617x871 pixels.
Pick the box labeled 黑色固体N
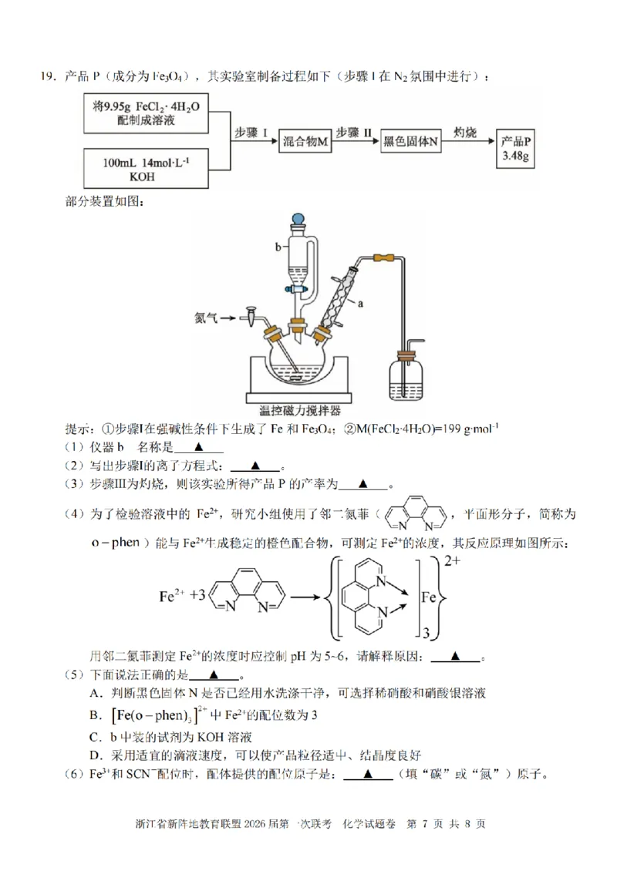(411, 143)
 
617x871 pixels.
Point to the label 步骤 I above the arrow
(251, 133)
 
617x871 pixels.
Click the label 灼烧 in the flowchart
(468, 133)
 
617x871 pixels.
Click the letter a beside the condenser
(359, 303)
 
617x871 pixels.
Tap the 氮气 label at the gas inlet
(208, 316)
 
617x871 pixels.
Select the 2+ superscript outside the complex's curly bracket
(452, 562)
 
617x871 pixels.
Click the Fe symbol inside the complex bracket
(430, 596)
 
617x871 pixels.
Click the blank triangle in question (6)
(368, 775)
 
